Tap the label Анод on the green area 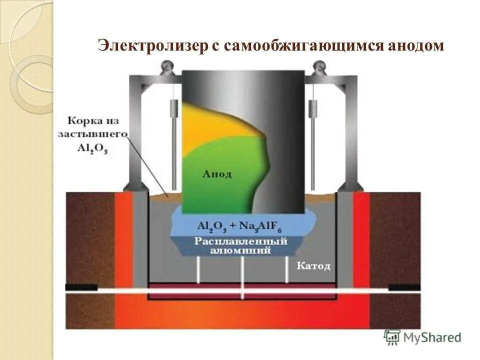coord(216,173)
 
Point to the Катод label coord(313,265)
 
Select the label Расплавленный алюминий coord(240,245)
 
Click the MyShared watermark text coord(433,337)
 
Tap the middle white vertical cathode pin coord(242,272)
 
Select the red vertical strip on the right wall coord(361,235)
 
